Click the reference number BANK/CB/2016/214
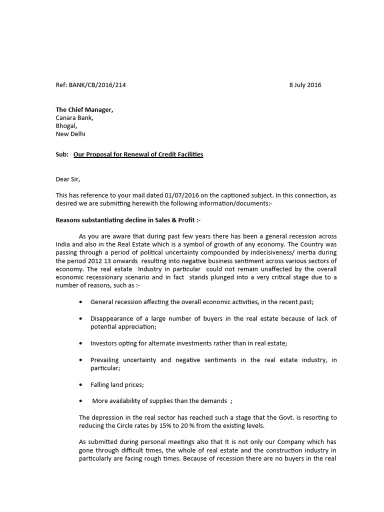tap(97, 85)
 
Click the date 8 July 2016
tap(305, 85)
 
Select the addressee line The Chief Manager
tap(84, 110)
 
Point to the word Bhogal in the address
tap(66, 126)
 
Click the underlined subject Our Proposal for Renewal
tap(138, 154)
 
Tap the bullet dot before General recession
tap(81, 302)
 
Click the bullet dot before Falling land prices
tap(81, 385)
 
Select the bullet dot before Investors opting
tap(81, 343)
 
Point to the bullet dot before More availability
tap(81, 401)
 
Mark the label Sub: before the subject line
tap(62, 154)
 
